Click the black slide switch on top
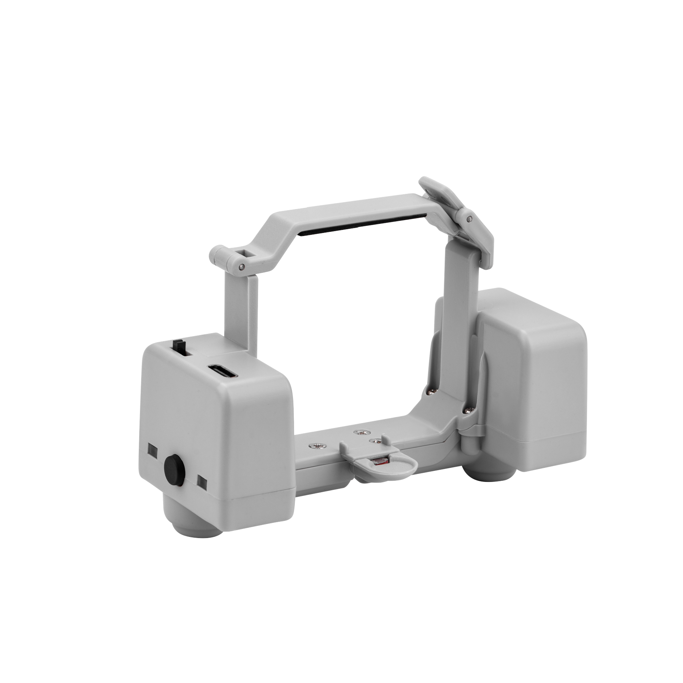click(x=177, y=346)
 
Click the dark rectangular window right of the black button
click(x=201, y=482)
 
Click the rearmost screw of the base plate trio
click(x=357, y=432)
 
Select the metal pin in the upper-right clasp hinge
click(x=470, y=219)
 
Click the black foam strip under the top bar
click(x=364, y=227)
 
